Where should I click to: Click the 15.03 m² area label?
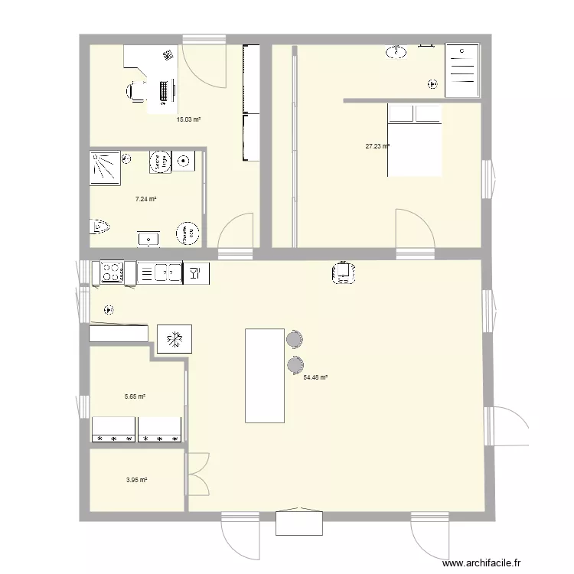(188, 119)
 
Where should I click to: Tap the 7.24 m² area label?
(145, 199)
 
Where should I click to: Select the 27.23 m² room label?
(377, 146)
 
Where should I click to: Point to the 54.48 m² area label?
(315, 377)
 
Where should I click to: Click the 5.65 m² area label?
(135, 396)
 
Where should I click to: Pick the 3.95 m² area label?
(136, 481)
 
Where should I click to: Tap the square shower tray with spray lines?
(106, 168)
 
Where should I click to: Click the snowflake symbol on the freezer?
(174, 338)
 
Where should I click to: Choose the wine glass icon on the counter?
(195, 272)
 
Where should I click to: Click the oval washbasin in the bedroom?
(396, 52)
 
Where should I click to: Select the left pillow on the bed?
(401, 114)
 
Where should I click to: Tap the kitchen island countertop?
(264, 375)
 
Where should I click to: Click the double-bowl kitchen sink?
(167, 272)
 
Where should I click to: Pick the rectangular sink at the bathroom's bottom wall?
(148, 239)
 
